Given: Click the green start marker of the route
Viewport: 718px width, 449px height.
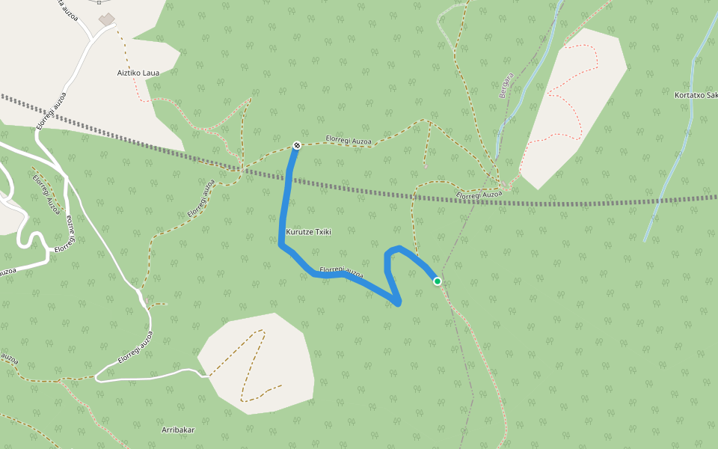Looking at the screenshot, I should pyautogui.click(x=438, y=281).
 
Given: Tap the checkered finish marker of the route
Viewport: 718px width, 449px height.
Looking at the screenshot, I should pyautogui.click(x=297, y=145).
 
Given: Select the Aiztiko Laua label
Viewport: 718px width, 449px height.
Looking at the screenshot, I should pyautogui.click(x=138, y=73).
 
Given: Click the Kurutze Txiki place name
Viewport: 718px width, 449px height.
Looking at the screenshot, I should pyautogui.click(x=308, y=232).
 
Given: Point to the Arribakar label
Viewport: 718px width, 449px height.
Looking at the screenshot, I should pyautogui.click(x=178, y=430).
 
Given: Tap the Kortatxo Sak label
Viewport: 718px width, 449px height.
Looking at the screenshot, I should pyautogui.click(x=695, y=96).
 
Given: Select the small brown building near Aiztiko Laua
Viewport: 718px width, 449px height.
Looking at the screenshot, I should pyautogui.click(x=108, y=18).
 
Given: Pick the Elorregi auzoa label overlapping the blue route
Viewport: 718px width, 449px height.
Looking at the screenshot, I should pyautogui.click(x=341, y=272).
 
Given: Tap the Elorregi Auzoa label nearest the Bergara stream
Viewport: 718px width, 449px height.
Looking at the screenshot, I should pyautogui.click(x=479, y=195).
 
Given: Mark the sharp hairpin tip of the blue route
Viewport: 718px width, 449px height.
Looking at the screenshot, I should pyautogui.click(x=399, y=303).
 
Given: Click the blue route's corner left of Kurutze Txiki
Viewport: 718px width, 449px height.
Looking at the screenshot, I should pyautogui.click(x=280, y=244).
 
